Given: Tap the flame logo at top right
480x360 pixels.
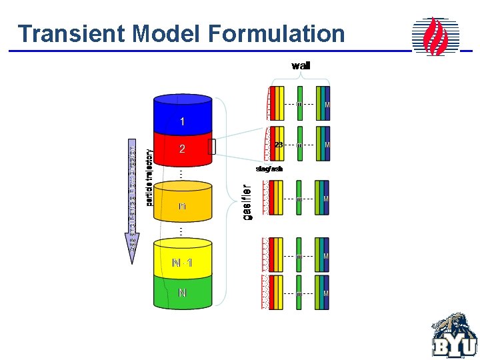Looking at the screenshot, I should pos(435,36).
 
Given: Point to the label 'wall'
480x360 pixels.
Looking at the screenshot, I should pos(301,65).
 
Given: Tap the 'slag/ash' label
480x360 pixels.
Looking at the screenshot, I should pos(269,169).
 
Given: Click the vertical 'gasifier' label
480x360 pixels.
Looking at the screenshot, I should pos(247,202).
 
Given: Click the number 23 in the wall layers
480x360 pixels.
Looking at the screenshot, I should pos(279,145).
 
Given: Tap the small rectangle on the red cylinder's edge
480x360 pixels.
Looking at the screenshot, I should pos(212,147).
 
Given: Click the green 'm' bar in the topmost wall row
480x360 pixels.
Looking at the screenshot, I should pos(300,103).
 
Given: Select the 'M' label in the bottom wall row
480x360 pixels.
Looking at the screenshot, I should pos(326,293).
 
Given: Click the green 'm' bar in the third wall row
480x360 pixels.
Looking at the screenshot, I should pos(300,198).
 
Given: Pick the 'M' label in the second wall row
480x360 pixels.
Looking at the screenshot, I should pos(326,144).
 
